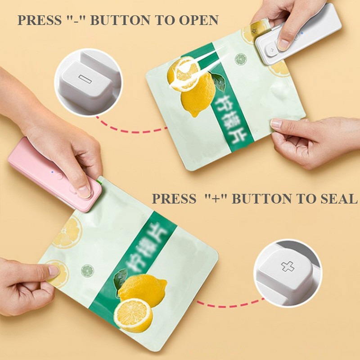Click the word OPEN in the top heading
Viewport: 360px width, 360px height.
198,20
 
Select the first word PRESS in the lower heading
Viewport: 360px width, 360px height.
174,198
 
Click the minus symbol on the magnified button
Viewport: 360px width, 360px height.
85,79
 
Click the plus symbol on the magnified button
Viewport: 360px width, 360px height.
288,266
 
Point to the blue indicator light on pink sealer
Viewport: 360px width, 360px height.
52,172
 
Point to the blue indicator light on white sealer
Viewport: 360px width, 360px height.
302,33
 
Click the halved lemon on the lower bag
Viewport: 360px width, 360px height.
133,315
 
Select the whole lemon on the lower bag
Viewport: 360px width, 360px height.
143,290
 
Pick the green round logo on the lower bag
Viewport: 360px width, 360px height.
87,271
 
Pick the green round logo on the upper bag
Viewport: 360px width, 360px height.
241,59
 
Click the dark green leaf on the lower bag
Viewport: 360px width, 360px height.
121,279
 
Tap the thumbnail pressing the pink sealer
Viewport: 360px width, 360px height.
84,192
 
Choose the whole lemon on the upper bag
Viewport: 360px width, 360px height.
198,96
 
